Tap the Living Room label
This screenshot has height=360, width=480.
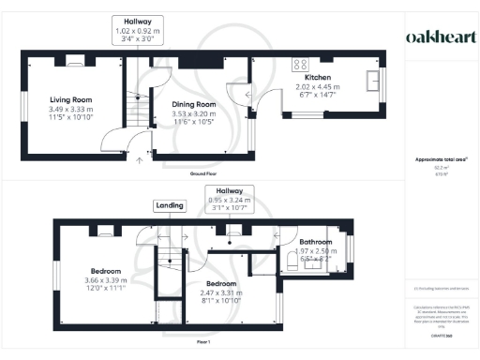69,98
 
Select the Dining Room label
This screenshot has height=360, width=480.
193,105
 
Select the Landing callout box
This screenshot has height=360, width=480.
169,205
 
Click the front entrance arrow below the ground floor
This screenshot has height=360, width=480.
141,160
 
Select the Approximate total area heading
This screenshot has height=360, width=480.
440,159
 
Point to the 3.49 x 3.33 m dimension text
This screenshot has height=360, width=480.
69,108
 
